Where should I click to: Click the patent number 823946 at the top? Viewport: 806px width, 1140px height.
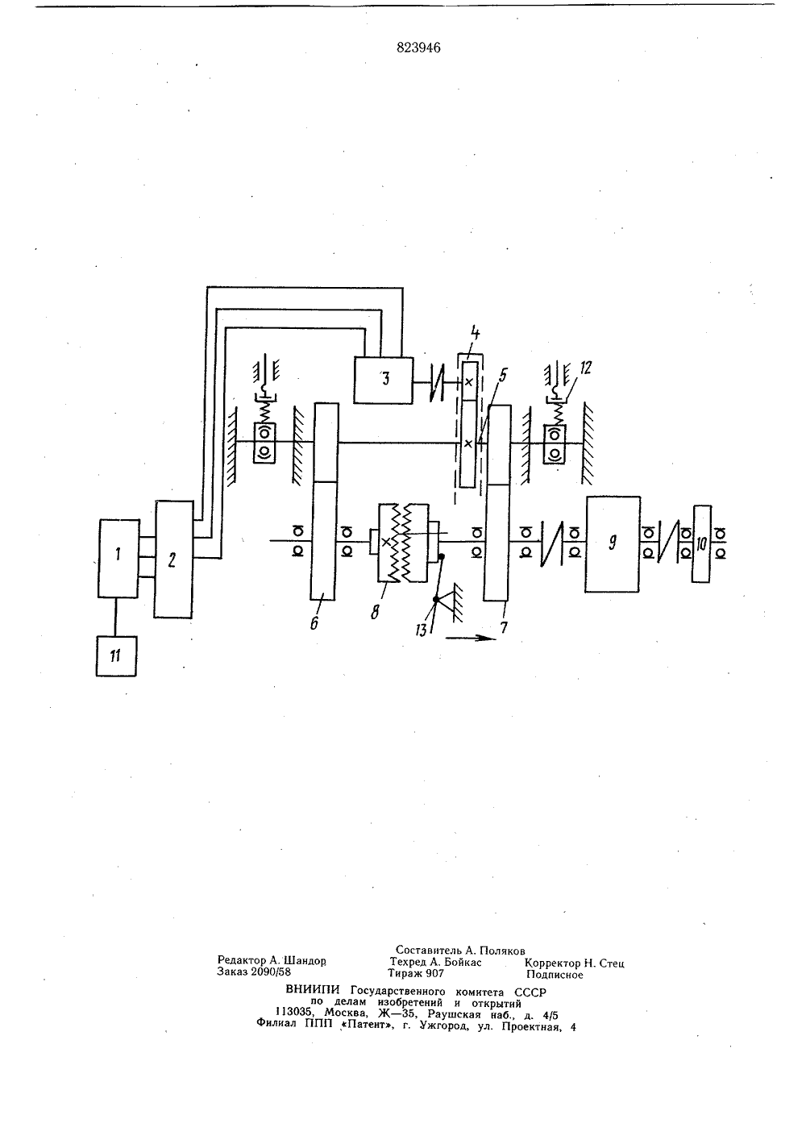418,48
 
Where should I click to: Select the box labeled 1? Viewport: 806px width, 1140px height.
118,558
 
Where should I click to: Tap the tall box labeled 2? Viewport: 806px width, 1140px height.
173,560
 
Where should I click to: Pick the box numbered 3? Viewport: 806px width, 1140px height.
383,381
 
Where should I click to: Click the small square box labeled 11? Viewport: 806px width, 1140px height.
116,656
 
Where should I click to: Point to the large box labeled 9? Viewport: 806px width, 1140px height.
612,544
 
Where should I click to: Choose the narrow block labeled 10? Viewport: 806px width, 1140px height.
701,544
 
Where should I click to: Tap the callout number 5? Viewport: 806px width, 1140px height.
503,375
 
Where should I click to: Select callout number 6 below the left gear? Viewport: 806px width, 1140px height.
314,622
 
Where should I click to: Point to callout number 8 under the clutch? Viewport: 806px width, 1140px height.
375,612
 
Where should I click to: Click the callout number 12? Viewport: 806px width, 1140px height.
585,368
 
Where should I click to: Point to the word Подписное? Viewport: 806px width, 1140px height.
555,975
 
